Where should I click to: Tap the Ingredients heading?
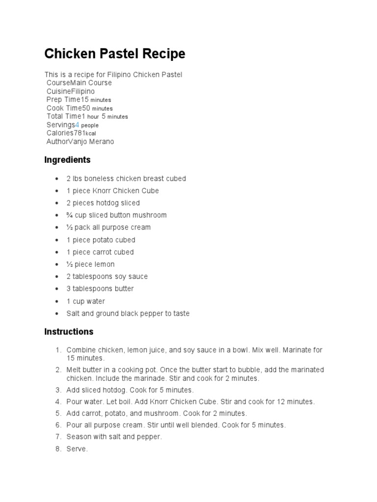click(67, 160)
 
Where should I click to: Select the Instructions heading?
click(69, 331)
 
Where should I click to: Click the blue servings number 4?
click(77, 125)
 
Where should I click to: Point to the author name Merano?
click(103, 142)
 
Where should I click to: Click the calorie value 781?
click(80, 133)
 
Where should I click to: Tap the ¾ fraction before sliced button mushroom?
click(70, 215)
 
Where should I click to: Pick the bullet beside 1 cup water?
click(57, 301)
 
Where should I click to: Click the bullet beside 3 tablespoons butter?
click(57, 289)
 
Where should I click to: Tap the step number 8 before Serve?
click(57, 449)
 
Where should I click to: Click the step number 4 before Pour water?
click(57, 402)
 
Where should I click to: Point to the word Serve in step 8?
click(77, 449)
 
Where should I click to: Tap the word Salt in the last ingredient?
click(73, 313)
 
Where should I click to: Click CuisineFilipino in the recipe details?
click(71, 91)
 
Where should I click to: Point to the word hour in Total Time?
click(93, 117)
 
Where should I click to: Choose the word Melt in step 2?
click(74, 370)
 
